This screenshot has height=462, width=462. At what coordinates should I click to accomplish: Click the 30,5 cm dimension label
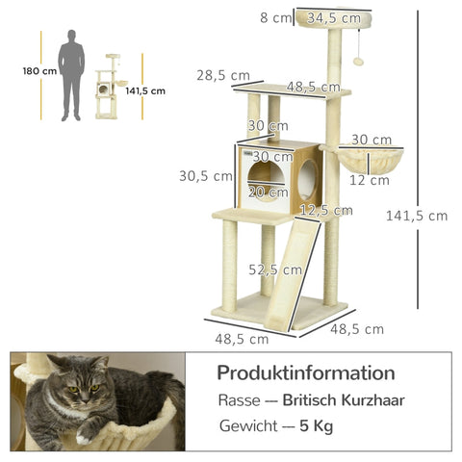(x=205, y=175)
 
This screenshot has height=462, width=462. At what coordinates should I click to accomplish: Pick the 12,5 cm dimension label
(x=321, y=209)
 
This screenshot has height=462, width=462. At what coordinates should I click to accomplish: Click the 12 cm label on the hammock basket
(x=365, y=179)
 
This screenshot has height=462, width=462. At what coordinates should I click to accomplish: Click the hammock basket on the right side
(x=370, y=160)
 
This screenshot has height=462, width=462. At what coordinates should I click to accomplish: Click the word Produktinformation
(x=305, y=372)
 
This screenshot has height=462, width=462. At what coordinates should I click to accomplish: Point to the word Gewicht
(x=247, y=426)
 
